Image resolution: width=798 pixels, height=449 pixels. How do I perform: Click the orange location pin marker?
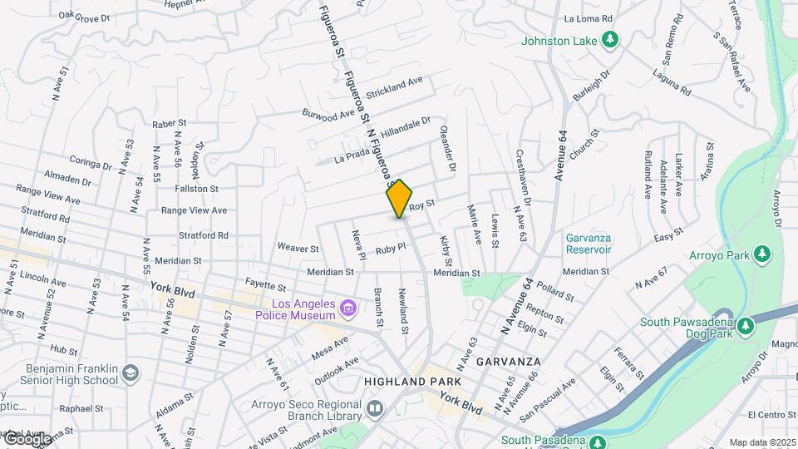[399, 198]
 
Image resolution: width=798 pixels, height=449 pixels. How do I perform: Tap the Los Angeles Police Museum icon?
[348, 310]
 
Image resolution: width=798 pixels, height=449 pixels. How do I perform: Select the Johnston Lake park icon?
[611, 39]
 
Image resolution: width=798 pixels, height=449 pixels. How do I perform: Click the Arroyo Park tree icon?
[761, 254]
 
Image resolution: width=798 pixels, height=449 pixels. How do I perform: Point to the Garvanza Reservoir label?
[589, 243]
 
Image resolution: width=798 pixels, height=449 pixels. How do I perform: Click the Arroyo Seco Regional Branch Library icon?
[375, 408]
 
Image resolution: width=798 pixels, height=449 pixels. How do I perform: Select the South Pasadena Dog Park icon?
[745, 323]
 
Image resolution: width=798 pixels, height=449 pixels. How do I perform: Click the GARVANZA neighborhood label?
[509, 362]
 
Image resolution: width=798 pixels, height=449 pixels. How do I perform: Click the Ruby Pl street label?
[389, 248]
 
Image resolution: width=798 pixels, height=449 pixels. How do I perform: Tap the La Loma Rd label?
[588, 18]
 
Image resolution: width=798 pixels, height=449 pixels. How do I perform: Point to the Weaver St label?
[298, 248]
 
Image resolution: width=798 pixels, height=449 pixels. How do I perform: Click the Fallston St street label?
[196, 189]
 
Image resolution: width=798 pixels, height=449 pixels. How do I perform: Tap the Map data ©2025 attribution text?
[762, 442]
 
